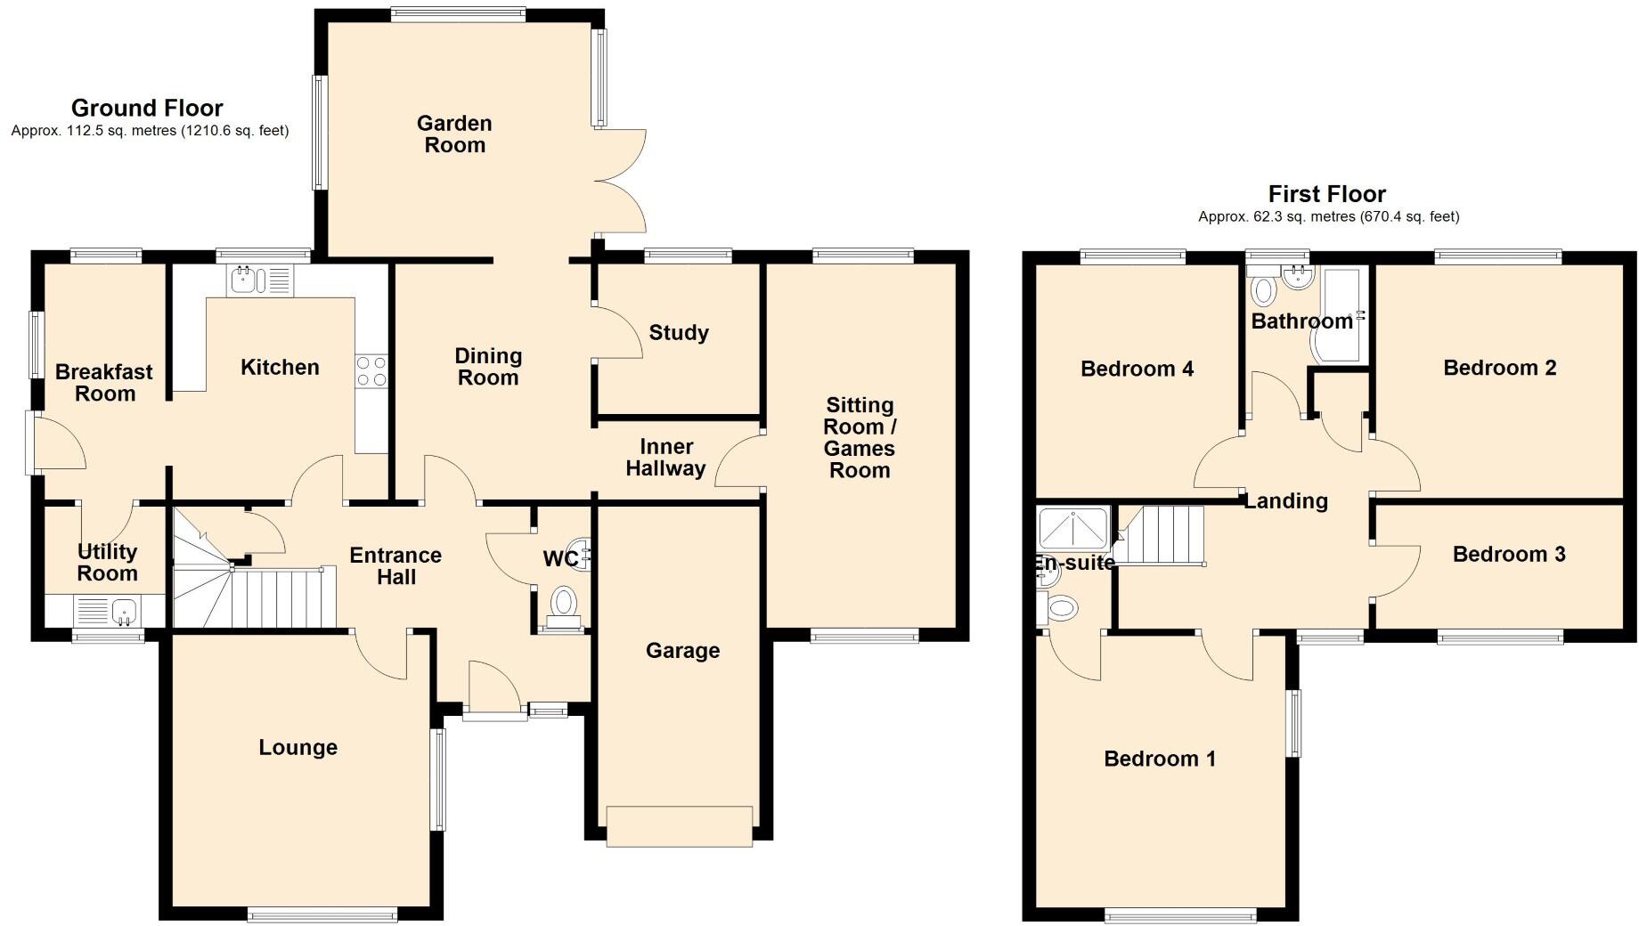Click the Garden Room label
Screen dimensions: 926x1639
coord(454,134)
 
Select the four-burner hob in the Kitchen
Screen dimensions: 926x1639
coord(371,371)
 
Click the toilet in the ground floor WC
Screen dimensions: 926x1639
coord(563,604)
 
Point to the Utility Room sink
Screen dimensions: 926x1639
coord(124,611)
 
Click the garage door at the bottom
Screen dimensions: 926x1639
coord(679,825)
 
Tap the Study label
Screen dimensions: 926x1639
coord(679,333)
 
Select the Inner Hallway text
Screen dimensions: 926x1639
coord(665,458)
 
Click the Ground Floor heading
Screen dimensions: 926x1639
coord(147,109)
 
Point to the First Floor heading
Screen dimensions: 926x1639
coord(1326,194)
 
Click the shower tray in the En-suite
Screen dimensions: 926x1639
coord(1073,528)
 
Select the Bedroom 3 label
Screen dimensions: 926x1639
coord(1508,555)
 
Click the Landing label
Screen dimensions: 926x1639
coord(1285,501)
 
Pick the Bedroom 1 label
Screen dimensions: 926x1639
coord(1159,759)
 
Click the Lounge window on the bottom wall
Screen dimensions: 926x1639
coord(322,914)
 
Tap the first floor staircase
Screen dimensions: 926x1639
coord(1161,535)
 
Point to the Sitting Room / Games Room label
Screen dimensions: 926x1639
coord(860,437)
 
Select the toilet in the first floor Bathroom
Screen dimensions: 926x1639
coord(1263,290)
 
